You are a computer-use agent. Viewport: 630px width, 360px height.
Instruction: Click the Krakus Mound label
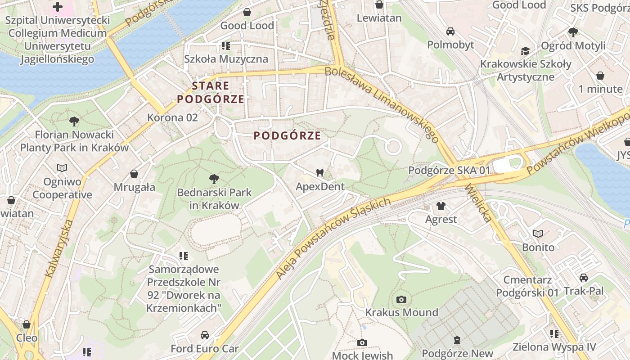[x=401, y=312]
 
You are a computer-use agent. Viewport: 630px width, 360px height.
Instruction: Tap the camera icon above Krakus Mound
[x=401, y=299]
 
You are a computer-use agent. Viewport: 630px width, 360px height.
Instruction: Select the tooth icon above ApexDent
[x=320, y=173]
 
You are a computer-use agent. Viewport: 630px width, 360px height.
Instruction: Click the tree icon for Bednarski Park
[x=214, y=179]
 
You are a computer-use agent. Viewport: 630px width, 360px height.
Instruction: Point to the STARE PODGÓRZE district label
[x=211, y=92]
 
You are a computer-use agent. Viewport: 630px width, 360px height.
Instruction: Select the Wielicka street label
[x=478, y=202]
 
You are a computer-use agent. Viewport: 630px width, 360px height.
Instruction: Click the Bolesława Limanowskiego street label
[x=381, y=101]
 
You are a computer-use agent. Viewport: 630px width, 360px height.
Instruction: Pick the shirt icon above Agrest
[x=441, y=206]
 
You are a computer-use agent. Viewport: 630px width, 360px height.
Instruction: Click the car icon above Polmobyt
[x=450, y=31]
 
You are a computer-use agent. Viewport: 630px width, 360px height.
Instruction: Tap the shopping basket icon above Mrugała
[x=134, y=174]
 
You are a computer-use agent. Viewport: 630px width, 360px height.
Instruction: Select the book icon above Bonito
[x=538, y=234]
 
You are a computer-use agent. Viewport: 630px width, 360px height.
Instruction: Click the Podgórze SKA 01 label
[x=449, y=171]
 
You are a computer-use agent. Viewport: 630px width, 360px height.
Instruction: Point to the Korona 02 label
[x=172, y=117]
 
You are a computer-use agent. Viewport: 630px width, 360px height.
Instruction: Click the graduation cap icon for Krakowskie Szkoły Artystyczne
[x=525, y=51]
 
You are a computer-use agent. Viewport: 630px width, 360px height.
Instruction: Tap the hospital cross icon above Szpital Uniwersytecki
[x=58, y=7]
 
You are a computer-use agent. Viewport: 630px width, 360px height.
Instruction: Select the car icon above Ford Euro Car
[x=204, y=335]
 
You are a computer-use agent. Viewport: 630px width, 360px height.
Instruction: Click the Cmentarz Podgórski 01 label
[x=527, y=286]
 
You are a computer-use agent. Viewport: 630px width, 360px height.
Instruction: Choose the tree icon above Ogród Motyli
[x=573, y=32]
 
